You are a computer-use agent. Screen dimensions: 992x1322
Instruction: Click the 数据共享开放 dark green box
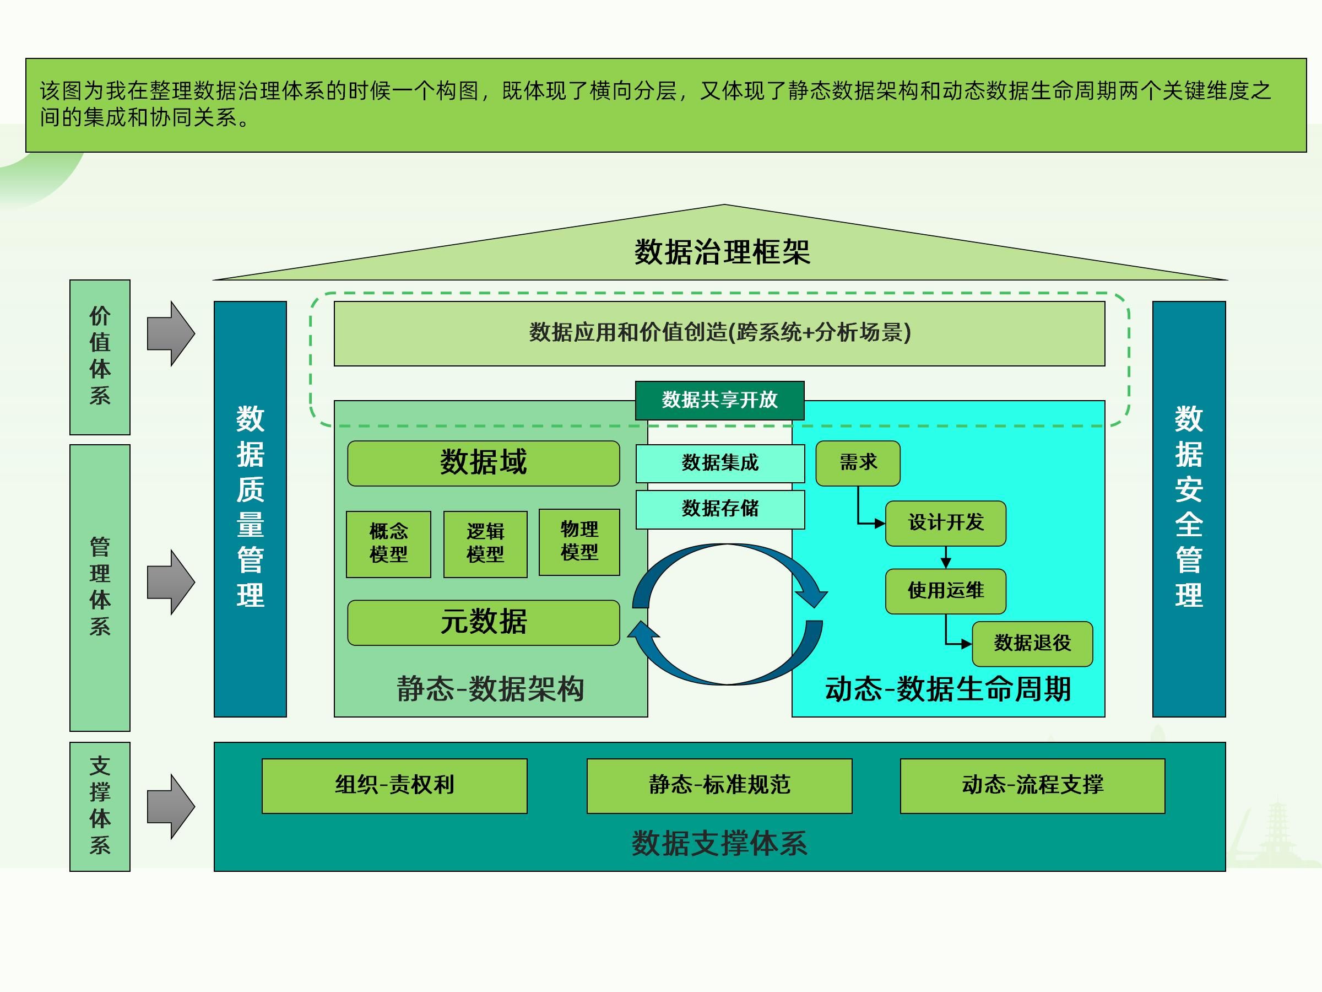coord(719,400)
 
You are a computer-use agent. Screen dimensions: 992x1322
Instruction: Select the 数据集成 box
coord(719,463)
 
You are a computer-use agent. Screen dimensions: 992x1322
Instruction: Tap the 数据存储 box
coord(719,509)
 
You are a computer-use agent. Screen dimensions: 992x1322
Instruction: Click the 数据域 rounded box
coord(484,463)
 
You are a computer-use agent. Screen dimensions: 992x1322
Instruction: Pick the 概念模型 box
coord(388,543)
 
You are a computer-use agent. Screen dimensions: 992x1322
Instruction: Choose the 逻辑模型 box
coord(485,543)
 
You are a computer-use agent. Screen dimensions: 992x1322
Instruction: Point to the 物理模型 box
coord(579,542)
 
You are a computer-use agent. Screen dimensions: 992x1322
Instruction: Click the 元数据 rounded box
coord(484,622)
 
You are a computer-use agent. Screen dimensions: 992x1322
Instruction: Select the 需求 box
coord(858,463)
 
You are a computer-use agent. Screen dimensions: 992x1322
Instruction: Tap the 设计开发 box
coord(945,523)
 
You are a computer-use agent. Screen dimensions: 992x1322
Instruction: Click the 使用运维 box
coord(945,591)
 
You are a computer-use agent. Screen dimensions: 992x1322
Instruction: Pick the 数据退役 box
coord(1032,643)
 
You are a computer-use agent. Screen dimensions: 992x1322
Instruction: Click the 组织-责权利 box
coord(394,785)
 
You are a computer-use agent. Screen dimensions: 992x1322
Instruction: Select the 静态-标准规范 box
coord(719,785)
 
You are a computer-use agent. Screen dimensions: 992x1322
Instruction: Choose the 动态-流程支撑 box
coord(1032,785)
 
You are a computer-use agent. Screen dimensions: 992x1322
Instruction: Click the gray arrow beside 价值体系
coord(171,333)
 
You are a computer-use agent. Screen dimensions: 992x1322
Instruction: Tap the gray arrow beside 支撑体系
coord(171,806)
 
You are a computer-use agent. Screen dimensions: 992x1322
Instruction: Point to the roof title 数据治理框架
coord(722,252)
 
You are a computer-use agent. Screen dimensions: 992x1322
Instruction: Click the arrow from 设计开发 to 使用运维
coord(945,557)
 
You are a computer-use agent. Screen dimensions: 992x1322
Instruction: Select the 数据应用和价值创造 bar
coord(719,333)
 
